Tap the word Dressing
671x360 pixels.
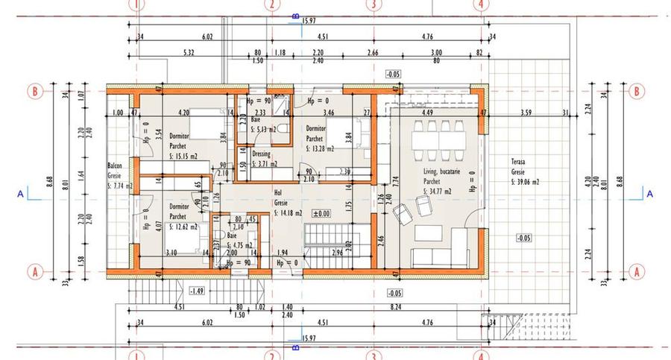click(261, 154)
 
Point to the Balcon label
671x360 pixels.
click(115, 166)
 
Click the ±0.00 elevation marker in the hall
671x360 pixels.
click(321, 214)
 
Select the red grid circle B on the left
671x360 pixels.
click(32, 91)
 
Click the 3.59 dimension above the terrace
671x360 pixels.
click(526, 113)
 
